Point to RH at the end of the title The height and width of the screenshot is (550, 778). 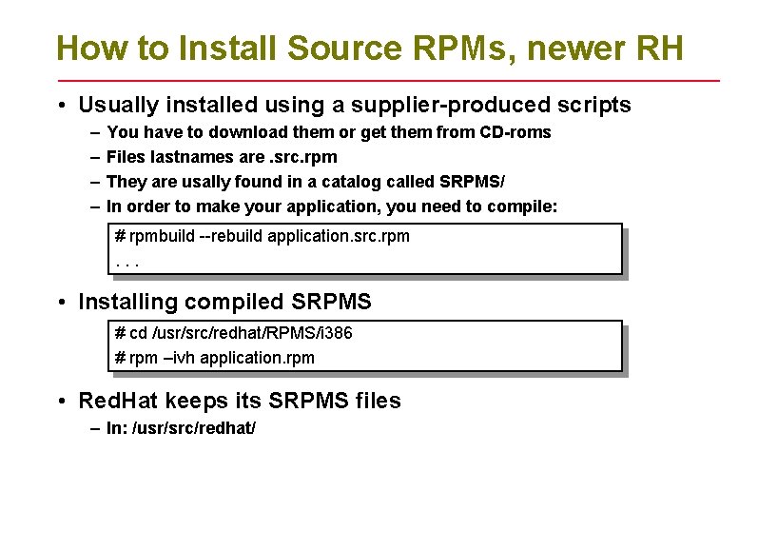click(x=657, y=48)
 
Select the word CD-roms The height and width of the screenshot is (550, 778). click(x=515, y=132)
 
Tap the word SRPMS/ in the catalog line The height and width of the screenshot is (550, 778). click(x=473, y=182)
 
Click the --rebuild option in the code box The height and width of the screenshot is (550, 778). click(x=232, y=236)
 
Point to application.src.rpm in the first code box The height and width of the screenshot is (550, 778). click(x=339, y=236)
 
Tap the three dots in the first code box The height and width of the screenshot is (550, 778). click(x=121, y=260)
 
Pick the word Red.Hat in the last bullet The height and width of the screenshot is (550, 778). click(x=118, y=402)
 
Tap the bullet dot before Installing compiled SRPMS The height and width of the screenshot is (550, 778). click(x=61, y=303)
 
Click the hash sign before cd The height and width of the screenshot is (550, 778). click(x=120, y=333)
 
